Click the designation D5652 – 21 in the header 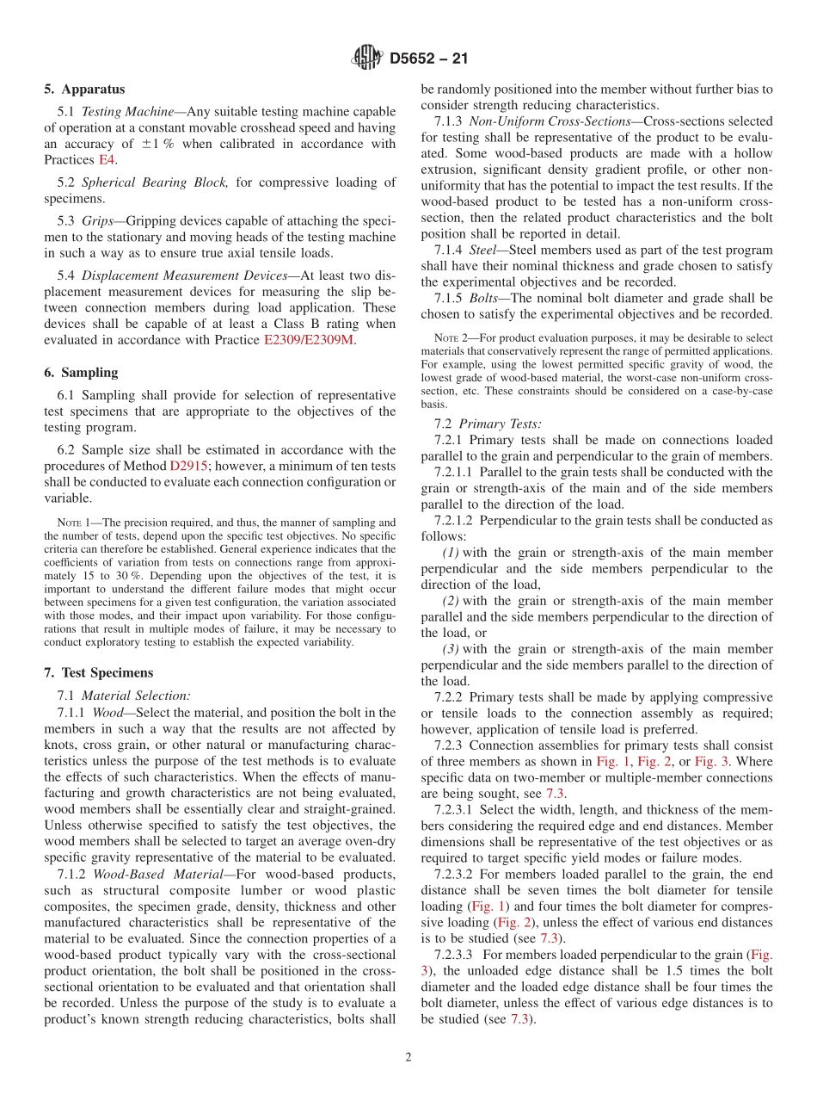[428, 59]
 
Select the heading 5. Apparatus [84, 90]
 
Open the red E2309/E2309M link [309, 340]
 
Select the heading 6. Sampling [81, 373]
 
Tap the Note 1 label [69, 523]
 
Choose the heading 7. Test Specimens [97, 672]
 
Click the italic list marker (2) [451, 601]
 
